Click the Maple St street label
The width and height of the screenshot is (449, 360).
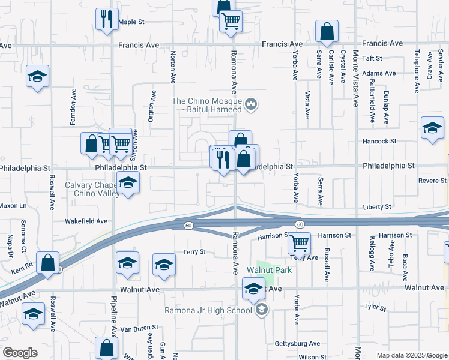132,22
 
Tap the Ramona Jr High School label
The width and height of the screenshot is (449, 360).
209,310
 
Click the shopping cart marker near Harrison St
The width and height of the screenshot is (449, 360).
299,243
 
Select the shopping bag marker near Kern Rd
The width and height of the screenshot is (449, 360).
47,262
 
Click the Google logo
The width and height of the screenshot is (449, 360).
20,353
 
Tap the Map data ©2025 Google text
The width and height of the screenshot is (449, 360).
411,355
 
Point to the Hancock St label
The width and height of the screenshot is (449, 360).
379,142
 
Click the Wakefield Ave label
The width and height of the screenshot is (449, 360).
87,221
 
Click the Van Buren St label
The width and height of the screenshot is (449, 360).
139,329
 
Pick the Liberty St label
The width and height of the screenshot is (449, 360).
377,207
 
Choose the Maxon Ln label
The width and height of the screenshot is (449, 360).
14,206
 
